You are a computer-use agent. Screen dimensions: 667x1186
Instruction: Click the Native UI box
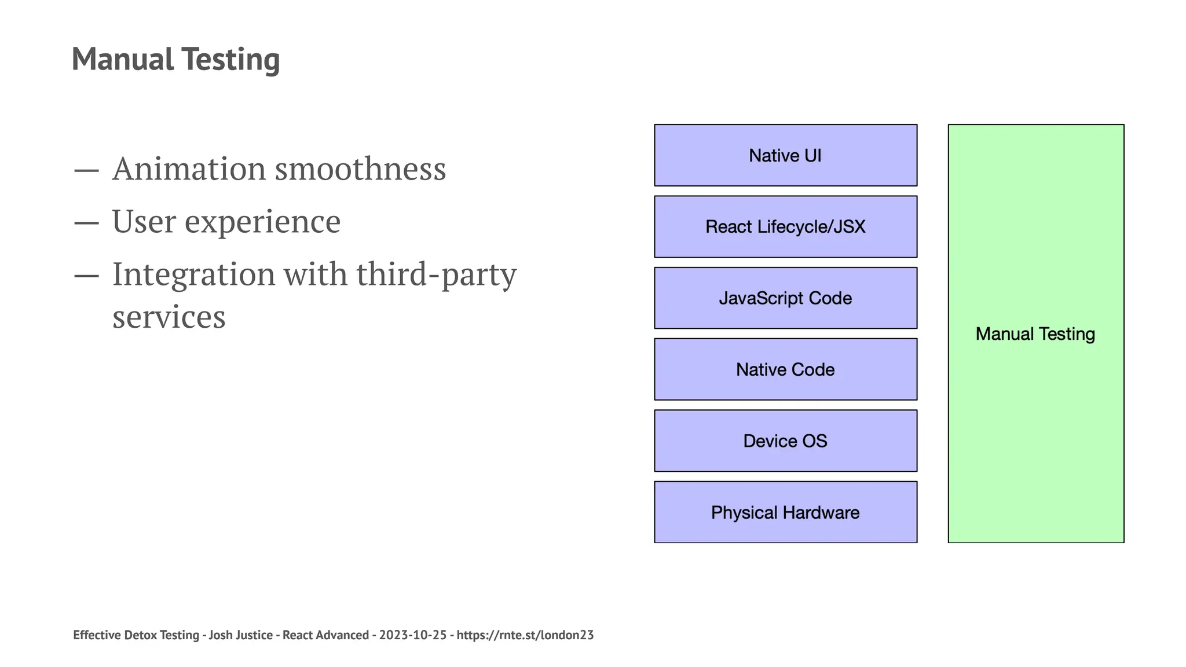pos(785,155)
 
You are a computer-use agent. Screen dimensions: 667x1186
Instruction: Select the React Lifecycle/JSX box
pos(785,226)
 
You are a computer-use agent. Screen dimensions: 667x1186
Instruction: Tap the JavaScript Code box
pos(785,298)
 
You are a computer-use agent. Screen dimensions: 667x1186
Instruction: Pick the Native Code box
pos(785,369)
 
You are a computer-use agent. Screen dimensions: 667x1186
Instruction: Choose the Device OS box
pos(785,441)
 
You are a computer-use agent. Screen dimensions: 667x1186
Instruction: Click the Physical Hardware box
pos(785,512)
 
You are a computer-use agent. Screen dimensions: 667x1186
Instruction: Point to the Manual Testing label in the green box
pos(1035,334)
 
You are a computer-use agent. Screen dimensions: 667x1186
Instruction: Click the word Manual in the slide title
pos(123,59)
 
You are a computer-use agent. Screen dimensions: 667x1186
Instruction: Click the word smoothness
pos(360,169)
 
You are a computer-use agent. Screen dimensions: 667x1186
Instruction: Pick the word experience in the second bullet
pos(262,222)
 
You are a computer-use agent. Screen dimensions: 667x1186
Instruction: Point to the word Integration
pos(193,274)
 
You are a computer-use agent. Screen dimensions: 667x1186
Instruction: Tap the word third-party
pos(435,274)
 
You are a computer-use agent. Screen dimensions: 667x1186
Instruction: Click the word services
pos(169,317)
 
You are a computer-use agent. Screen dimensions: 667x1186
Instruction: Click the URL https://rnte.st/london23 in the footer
pos(525,635)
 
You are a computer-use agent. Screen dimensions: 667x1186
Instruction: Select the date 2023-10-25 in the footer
pos(413,635)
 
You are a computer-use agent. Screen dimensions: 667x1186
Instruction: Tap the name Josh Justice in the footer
pos(240,635)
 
